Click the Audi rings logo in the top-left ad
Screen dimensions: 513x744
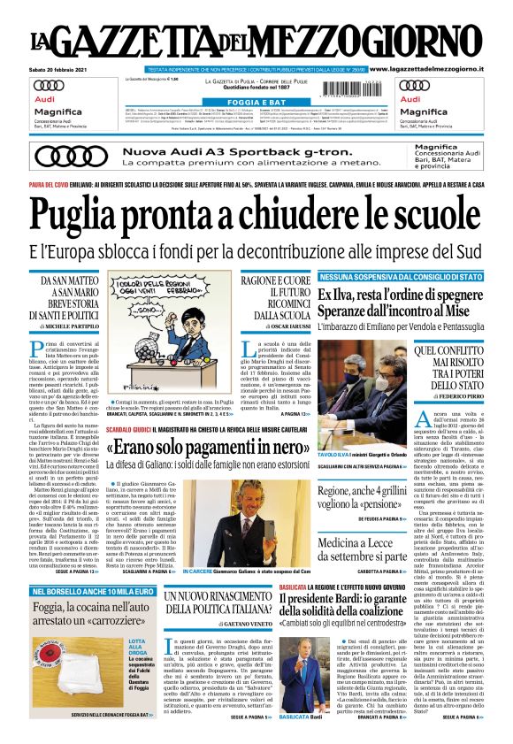click(x=48, y=87)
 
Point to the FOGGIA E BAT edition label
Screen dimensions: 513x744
click(x=256, y=101)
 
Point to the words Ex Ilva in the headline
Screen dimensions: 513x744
click(x=341, y=294)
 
